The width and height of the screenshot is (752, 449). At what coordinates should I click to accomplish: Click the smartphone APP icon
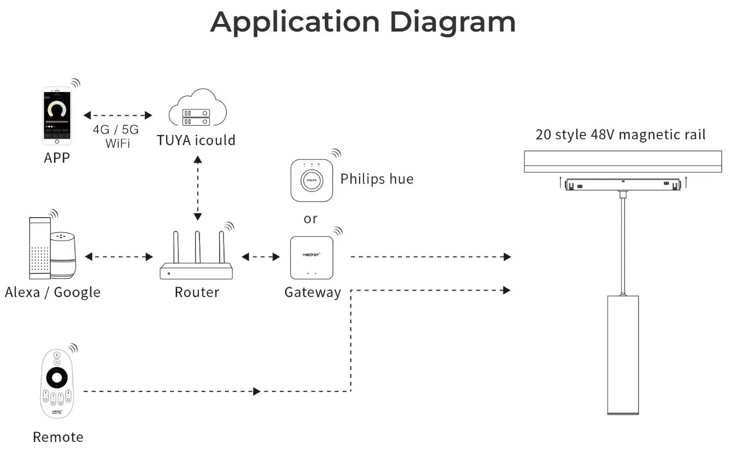click(57, 116)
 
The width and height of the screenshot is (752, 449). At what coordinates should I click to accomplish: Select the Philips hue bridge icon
click(312, 180)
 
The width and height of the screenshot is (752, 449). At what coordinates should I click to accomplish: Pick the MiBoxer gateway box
click(311, 257)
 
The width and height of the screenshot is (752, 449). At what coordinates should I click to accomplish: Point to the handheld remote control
click(57, 384)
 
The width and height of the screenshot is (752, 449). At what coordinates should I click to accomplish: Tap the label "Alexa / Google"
click(53, 292)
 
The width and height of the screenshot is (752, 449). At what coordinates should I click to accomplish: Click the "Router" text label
click(197, 292)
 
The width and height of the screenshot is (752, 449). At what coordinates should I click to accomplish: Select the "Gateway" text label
click(313, 292)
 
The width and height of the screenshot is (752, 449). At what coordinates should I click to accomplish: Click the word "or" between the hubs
click(311, 219)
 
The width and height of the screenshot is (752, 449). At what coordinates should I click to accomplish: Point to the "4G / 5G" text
click(116, 130)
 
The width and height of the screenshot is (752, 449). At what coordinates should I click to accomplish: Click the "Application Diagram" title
click(363, 22)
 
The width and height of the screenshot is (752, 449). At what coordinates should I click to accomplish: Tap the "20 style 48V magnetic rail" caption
click(621, 134)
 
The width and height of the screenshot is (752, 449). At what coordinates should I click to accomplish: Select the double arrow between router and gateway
click(260, 257)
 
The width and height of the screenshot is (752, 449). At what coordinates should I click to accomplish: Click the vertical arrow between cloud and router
click(197, 188)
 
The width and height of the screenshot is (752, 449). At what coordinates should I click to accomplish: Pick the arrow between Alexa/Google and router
click(119, 257)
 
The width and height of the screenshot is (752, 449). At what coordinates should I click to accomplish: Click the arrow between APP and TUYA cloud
click(118, 115)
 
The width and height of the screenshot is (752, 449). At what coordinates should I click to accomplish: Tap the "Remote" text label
click(58, 437)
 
